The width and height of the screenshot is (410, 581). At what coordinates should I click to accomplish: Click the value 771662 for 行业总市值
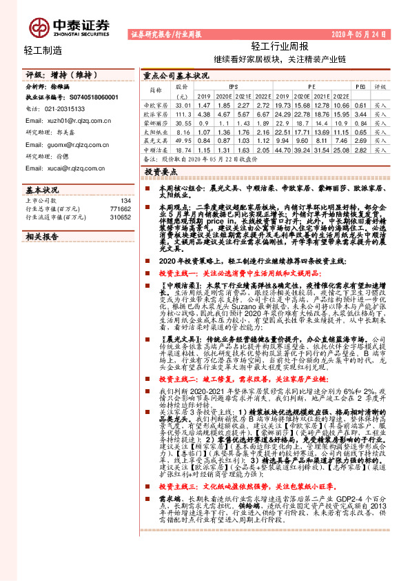click(119, 208)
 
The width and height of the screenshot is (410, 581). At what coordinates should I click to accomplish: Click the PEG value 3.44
click(359, 113)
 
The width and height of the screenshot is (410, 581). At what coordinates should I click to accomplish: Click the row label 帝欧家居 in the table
click(156, 104)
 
